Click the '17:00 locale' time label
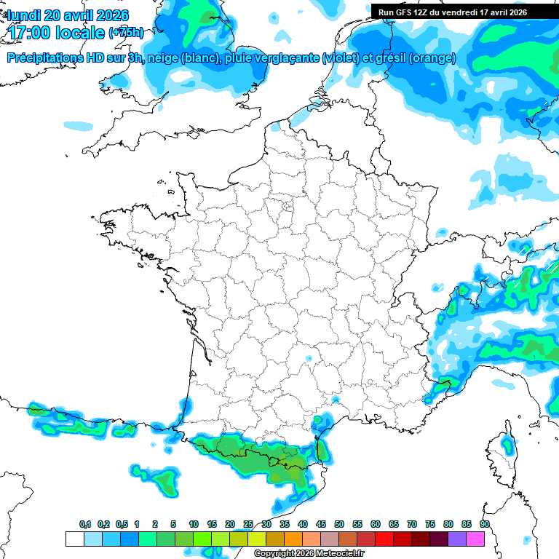click(x=55, y=33)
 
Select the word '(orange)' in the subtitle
click(x=432, y=58)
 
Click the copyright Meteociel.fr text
click(x=309, y=554)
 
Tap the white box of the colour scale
click(x=74, y=539)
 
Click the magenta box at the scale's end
click(x=475, y=539)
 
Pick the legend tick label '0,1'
click(x=84, y=525)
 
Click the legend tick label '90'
click(x=485, y=525)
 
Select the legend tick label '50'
click(x=339, y=525)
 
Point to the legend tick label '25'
click(x=248, y=525)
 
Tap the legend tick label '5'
click(x=173, y=525)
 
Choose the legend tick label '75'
click(x=430, y=525)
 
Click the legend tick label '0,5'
click(x=121, y=525)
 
